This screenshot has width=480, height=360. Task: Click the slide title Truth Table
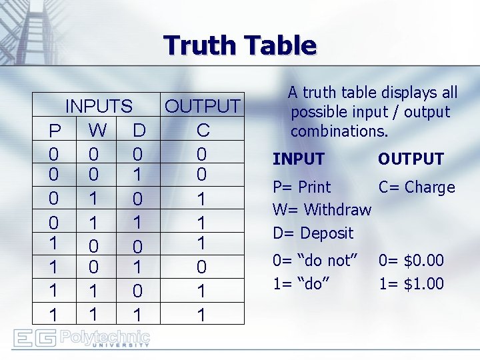(240, 45)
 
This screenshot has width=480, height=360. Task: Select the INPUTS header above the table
(99, 106)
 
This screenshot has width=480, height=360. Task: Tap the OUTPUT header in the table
(203, 106)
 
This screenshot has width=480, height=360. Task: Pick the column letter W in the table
(97, 129)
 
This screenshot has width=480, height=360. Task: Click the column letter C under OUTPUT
(203, 129)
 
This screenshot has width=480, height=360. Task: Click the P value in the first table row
(53, 155)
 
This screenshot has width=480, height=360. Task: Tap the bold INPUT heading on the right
(298, 159)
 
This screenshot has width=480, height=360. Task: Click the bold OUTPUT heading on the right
(411, 159)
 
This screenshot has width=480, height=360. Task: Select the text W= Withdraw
(322, 210)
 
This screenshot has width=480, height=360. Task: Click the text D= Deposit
(313, 233)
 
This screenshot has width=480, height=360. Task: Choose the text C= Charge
(417, 187)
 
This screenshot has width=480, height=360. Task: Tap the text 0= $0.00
(411, 261)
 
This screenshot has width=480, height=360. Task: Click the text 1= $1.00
(411, 283)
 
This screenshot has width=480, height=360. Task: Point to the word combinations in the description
(339, 131)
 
